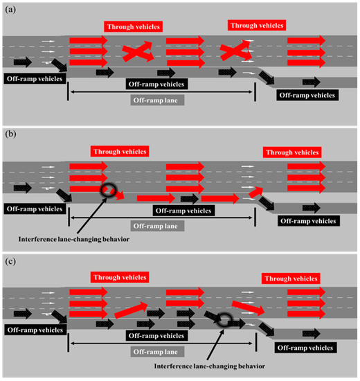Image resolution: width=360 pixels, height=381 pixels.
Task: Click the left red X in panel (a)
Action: [136, 52]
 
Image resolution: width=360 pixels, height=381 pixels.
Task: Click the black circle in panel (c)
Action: [222, 319]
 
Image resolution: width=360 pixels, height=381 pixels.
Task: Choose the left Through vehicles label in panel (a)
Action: [133, 27]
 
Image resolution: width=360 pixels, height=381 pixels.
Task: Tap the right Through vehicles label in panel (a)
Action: [257, 25]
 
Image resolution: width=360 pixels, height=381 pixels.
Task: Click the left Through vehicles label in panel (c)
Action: [119, 277]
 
